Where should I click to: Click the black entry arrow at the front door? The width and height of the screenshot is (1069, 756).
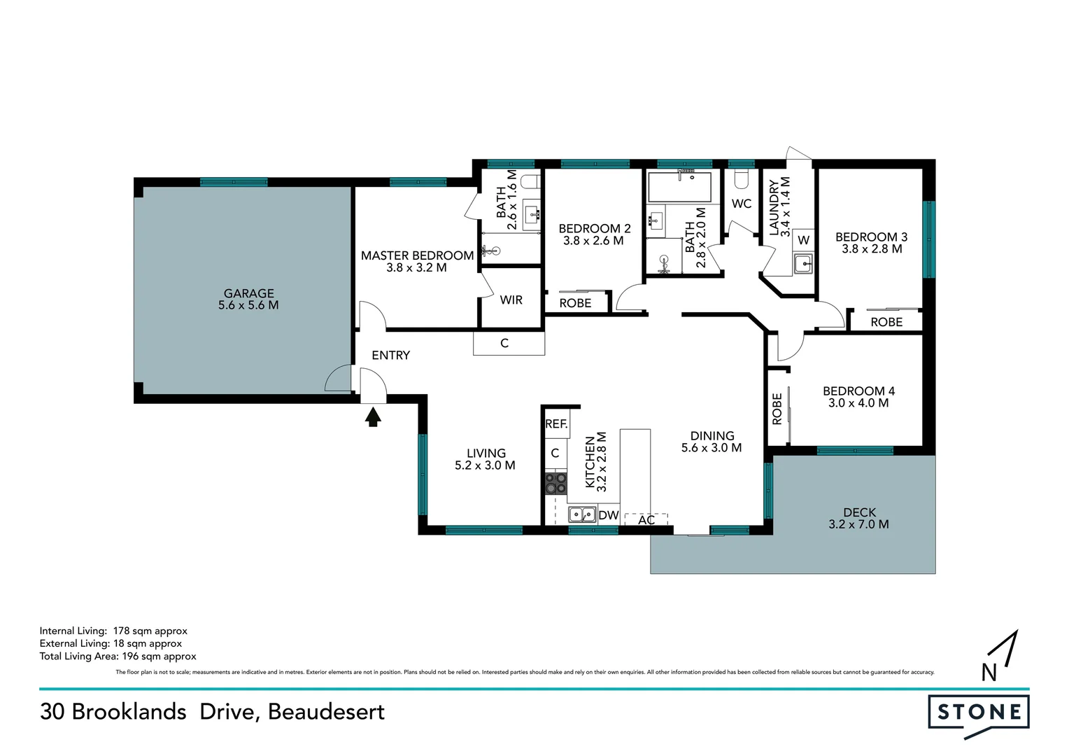(x=373, y=416)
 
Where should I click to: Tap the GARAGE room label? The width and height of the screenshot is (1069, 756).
(x=248, y=293)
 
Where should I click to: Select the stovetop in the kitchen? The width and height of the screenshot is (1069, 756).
(x=556, y=483)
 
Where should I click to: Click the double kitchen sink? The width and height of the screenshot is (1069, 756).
(x=582, y=514)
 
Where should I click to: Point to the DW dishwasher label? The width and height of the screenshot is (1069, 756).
(x=609, y=515)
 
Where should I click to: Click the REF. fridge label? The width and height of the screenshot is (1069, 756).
(x=556, y=423)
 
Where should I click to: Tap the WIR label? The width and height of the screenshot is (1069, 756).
(x=511, y=300)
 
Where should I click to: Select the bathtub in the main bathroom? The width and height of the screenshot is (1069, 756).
(x=679, y=187)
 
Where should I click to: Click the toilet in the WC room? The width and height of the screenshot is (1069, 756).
(x=741, y=178)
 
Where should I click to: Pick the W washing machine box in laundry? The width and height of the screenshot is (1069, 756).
(x=804, y=240)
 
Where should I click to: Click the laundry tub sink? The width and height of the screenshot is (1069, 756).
(x=803, y=264)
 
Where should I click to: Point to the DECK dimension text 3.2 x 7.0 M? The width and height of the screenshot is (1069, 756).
(x=858, y=524)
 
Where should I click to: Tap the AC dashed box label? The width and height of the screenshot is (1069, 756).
(x=646, y=519)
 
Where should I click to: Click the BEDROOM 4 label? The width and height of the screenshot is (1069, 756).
(x=858, y=391)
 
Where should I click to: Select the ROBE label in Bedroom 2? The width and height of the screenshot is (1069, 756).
(x=575, y=303)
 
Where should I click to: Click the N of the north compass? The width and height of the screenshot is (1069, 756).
(x=989, y=673)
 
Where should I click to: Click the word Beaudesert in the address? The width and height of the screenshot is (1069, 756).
(x=326, y=712)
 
